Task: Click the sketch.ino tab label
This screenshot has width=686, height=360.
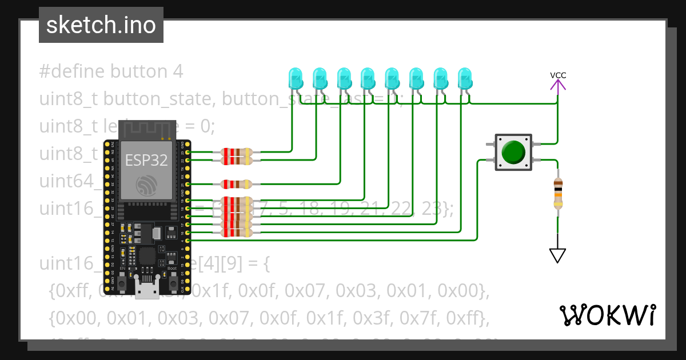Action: tap(101, 25)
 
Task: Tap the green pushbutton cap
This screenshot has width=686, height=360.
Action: tap(513, 152)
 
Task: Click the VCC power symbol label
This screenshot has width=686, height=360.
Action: tap(558, 75)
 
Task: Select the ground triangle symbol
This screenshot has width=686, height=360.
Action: tap(558, 255)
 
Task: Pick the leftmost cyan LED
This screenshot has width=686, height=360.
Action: tap(295, 79)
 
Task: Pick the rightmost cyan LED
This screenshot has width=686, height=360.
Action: tap(465, 79)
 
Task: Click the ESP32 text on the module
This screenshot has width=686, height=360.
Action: tap(146, 161)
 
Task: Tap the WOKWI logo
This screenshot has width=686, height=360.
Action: tap(607, 315)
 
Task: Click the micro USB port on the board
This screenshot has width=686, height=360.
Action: tap(147, 290)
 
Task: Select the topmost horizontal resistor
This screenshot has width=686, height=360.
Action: tap(236, 153)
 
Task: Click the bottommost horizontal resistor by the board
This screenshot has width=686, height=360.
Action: tap(236, 233)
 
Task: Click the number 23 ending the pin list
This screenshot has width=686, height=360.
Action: tap(432, 209)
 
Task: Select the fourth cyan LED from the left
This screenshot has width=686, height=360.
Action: tap(367, 79)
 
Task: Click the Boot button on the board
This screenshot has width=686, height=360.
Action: tap(173, 283)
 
